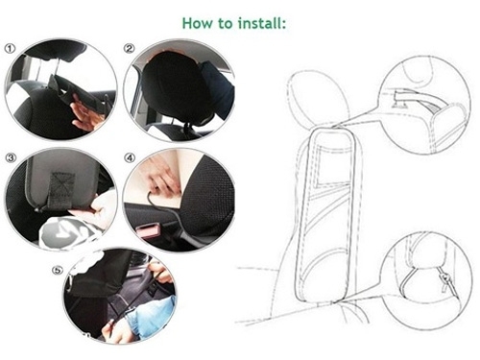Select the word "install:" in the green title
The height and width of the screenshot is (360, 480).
coord(262,23)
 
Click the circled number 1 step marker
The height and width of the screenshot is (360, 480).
coord(10,49)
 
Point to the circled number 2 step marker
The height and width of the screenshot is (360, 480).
coord(129,48)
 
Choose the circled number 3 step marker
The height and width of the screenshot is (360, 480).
coord(11,157)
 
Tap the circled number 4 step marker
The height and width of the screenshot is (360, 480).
coord(130,157)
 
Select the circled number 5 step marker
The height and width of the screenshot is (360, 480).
coord(57,271)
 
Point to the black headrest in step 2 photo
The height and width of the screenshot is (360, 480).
coord(176,86)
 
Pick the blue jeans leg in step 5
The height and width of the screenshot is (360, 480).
coord(152,315)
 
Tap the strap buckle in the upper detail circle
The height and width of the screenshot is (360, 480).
coord(400,99)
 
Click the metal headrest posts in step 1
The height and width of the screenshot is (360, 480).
coord(48,69)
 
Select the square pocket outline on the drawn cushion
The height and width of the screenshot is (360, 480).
coord(333,165)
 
